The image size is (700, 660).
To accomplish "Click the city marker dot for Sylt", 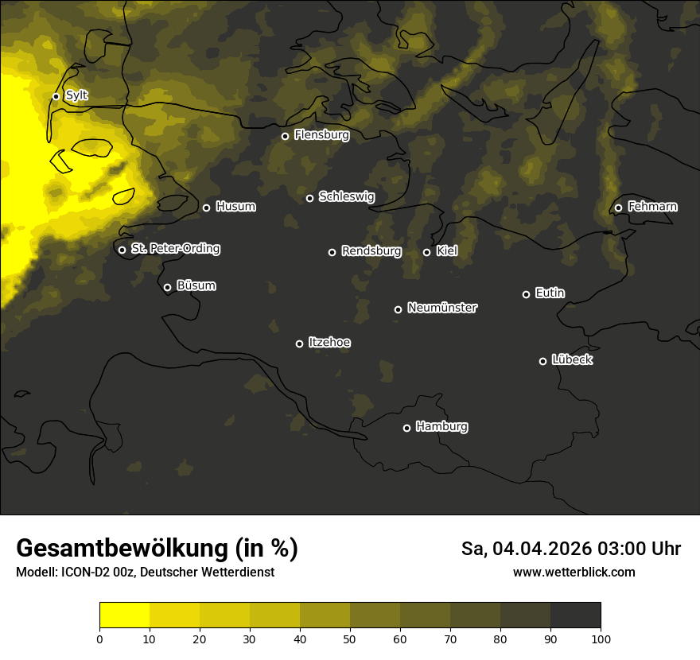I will pyautogui.click(x=56, y=96).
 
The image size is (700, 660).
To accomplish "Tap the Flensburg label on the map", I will pyautogui.click(x=321, y=135).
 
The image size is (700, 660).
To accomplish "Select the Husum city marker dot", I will pyautogui.click(x=206, y=208).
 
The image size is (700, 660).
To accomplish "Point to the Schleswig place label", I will pyautogui.click(x=346, y=196).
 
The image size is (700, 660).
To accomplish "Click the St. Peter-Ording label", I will pyautogui.click(x=175, y=249).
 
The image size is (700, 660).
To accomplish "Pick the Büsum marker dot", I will pyautogui.click(x=167, y=288).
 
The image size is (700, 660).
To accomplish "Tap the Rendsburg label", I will pyautogui.click(x=371, y=251).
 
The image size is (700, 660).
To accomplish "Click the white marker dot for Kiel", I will pyautogui.click(x=426, y=252).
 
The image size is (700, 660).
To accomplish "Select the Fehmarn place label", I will pyautogui.click(x=652, y=207).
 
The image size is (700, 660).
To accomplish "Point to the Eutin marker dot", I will pyautogui.click(x=526, y=294).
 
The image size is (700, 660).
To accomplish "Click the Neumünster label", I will pyautogui.click(x=441, y=308).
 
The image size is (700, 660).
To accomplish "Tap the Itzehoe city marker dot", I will pyautogui.click(x=299, y=344).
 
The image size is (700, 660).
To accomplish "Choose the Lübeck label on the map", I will pyautogui.click(x=572, y=360).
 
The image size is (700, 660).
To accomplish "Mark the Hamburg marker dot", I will pyautogui.click(x=406, y=428).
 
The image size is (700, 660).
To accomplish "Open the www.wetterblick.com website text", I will pyautogui.click(x=574, y=572).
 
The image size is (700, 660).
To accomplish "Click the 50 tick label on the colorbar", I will pyautogui.click(x=350, y=639).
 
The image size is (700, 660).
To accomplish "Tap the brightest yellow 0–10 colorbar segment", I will pyautogui.click(x=125, y=615).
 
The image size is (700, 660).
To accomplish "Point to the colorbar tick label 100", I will pyautogui.click(x=601, y=639).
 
